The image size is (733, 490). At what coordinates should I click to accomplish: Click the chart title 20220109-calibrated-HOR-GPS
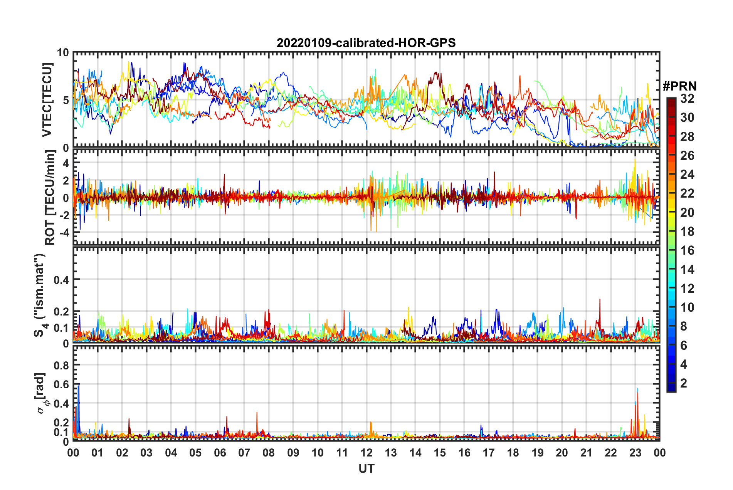click(x=366, y=43)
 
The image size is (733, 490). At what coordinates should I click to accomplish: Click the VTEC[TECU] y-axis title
click(x=47, y=100)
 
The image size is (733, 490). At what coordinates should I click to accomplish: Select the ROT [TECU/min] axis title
click(x=50, y=198)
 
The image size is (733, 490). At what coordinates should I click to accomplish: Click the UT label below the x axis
click(x=366, y=468)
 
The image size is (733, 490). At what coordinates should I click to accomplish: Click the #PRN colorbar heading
click(x=679, y=86)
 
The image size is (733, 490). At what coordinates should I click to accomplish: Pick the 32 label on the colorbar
click(x=687, y=99)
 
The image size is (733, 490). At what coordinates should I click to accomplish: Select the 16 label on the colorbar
click(x=687, y=250)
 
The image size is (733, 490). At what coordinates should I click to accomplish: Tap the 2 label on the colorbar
click(x=684, y=383)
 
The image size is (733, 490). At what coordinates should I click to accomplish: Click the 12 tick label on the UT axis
click(x=366, y=453)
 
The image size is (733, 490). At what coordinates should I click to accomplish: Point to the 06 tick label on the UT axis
click(x=220, y=453)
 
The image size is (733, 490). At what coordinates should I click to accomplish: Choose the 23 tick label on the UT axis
click(x=635, y=453)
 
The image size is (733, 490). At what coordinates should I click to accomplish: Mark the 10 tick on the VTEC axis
click(x=63, y=53)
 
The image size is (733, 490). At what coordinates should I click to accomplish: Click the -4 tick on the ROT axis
click(x=63, y=233)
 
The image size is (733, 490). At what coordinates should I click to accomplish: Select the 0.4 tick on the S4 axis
click(x=61, y=280)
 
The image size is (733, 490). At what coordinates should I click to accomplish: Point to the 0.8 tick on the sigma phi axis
click(x=61, y=365)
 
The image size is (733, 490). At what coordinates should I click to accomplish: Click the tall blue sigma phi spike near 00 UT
click(x=79, y=385)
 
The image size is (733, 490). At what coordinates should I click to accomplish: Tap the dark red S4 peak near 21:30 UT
click(x=600, y=300)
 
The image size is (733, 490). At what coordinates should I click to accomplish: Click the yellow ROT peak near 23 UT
click(x=635, y=160)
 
